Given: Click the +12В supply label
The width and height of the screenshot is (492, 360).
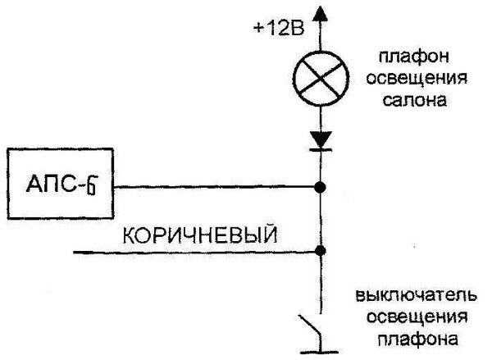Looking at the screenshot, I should tap(279, 30).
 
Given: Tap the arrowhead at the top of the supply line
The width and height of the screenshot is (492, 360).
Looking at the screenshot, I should tap(321, 11).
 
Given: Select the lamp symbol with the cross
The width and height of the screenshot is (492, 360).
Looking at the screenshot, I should tap(321, 81).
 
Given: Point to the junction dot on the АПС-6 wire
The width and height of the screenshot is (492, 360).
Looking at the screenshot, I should tap(321, 188).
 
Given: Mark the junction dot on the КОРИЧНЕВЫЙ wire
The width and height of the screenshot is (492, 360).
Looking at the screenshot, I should tap(321, 250).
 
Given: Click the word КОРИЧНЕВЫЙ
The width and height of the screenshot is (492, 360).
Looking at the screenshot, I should tap(199, 235).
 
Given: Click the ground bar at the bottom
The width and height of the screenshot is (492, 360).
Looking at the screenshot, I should tap(321, 353).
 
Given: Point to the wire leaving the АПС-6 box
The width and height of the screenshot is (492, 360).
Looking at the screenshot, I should tap(213, 188).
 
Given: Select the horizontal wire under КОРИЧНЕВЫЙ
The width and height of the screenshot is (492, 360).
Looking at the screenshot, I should tap(197, 251).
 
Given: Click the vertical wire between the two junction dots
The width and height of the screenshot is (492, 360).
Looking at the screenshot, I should tap(321, 219).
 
